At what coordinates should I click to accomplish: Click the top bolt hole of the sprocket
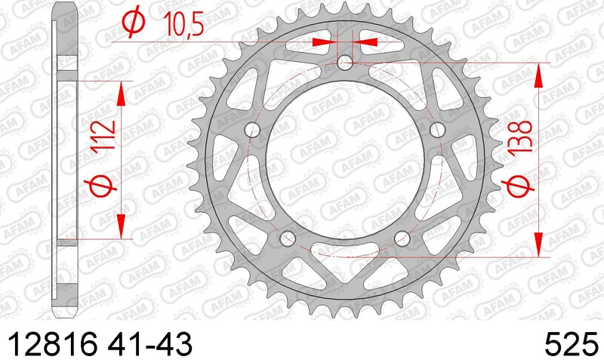(345, 62)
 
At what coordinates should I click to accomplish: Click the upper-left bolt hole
(254, 130)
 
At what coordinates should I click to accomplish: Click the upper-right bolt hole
(436, 130)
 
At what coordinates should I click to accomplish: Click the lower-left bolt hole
(287, 238)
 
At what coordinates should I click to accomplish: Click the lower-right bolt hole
(401, 238)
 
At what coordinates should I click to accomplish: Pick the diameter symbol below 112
(103, 185)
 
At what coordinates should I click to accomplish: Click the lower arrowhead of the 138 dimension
(538, 245)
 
